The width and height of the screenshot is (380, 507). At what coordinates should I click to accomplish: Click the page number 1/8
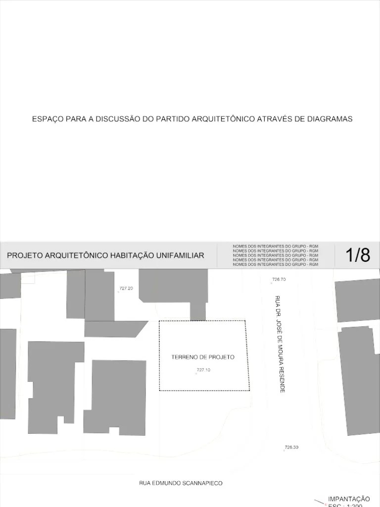357,255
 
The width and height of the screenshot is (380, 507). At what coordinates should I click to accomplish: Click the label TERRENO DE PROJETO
203,357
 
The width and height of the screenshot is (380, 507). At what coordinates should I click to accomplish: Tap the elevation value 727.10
203,370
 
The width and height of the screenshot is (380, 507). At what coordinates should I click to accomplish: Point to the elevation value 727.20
126,288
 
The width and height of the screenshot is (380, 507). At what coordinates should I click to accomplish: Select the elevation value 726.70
279,279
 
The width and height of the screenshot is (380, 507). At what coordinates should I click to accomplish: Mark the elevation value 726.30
291,447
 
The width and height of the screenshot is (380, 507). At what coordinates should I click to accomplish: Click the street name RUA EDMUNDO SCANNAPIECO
181,483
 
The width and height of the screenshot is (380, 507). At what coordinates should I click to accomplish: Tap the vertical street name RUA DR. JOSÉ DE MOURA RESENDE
280,345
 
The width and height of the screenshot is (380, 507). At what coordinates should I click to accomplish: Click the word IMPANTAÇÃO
349,499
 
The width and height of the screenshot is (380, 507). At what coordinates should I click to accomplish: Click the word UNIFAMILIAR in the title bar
180,255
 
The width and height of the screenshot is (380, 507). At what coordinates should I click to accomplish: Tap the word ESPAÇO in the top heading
47,119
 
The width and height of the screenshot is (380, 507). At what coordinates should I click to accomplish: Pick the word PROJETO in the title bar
24,255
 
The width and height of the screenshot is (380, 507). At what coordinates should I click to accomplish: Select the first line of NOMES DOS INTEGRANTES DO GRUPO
275,246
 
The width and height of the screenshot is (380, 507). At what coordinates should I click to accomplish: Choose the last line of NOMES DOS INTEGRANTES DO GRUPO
275,264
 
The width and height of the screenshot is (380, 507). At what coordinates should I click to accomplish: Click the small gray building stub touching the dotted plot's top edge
198,311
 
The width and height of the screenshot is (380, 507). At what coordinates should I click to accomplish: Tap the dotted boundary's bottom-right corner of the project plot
249,390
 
